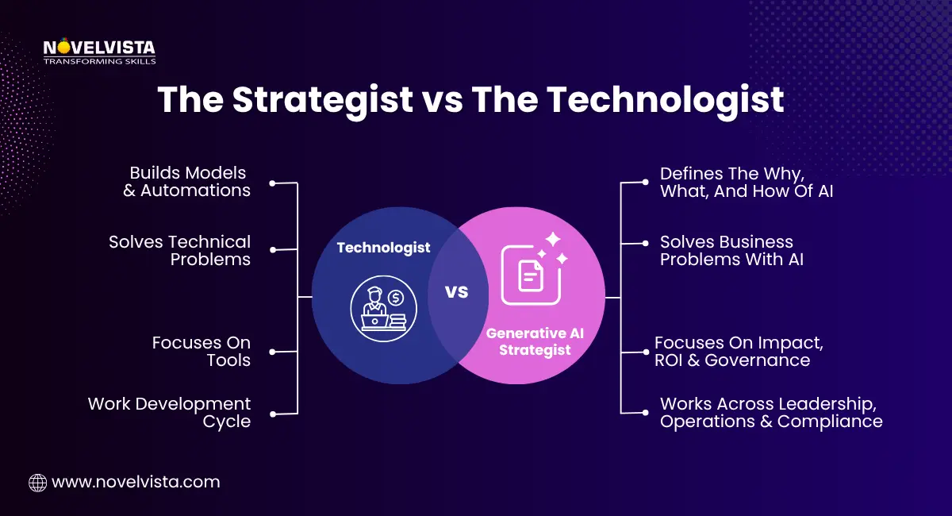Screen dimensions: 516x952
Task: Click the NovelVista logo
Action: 99,51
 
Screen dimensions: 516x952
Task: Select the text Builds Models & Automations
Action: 187,182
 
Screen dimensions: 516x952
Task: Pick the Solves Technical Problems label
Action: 180,250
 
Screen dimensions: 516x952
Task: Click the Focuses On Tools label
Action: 202,351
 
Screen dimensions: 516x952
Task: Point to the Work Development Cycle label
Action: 170,412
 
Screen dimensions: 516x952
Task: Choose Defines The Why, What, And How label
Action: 746,182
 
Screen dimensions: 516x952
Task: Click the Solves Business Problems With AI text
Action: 731,250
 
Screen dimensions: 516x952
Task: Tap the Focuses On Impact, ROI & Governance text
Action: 739,351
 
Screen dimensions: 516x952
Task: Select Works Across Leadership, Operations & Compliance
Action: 770,412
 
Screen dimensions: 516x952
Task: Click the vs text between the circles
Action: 457,292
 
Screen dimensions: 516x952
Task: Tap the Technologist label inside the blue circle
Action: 383,248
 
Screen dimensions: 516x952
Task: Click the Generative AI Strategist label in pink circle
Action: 535,341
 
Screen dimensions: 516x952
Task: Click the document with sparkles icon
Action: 533,270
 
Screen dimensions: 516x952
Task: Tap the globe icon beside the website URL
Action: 37,482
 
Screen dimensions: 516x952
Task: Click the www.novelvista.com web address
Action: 136,482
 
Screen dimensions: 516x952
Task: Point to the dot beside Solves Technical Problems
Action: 272,250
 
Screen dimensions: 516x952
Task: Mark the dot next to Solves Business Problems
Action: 645,250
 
